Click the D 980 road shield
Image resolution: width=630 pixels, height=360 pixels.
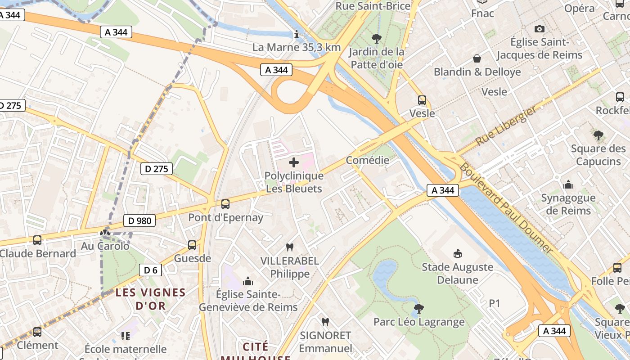tap(139, 220)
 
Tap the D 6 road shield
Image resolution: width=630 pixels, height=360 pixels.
tap(150, 270)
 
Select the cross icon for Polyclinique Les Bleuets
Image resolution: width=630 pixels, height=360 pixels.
tap(294, 162)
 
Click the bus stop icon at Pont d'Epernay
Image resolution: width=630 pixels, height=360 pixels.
tap(225, 204)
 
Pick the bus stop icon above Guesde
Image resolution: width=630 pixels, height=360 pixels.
tap(192, 245)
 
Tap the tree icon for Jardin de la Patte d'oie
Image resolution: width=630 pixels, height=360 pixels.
tap(376, 39)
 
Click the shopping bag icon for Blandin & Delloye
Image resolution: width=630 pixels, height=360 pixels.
tap(477, 58)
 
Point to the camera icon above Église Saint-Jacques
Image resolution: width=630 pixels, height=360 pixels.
tap(539, 29)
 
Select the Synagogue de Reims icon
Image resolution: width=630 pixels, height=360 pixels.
tap(568, 184)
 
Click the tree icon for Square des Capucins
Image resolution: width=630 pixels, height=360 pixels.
tap(598, 135)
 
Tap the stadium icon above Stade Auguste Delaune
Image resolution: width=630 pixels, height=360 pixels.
tap(458, 254)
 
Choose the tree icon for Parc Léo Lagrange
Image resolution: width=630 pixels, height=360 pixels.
tap(418, 309)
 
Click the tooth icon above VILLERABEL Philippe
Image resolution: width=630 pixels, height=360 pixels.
tap(290, 247)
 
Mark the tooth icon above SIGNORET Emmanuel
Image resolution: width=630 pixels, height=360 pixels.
tap(325, 322)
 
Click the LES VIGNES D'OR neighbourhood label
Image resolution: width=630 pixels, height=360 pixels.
tap(150, 299)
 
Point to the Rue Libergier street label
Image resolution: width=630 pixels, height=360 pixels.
tap(506, 126)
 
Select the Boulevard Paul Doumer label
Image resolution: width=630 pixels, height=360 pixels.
tap(506, 207)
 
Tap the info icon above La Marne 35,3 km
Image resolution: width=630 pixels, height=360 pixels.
tap(296, 34)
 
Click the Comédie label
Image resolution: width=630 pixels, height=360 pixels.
tap(368, 160)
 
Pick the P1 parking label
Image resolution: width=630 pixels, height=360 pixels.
tap(495, 304)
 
